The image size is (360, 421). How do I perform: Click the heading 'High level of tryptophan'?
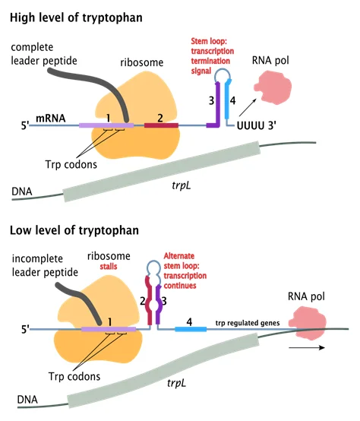(76, 18)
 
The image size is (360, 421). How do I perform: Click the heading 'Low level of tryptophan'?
(74, 230)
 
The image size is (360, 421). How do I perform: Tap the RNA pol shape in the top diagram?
(273, 87)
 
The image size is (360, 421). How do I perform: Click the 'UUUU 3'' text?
(257, 125)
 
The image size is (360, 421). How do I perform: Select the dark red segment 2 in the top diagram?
(161, 125)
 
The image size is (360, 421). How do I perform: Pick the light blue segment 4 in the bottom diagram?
(191, 329)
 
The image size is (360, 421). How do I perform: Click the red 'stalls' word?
(109, 267)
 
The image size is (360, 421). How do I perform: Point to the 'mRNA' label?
(51, 118)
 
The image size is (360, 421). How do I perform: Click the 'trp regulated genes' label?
(248, 323)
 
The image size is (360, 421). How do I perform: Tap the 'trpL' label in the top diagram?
(182, 185)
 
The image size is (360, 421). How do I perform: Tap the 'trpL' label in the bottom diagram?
(176, 383)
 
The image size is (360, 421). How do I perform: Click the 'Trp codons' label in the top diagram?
(71, 165)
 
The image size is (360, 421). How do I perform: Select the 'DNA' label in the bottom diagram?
(27, 400)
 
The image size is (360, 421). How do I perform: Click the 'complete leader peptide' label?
(44, 54)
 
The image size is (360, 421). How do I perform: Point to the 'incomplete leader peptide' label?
(45, 265)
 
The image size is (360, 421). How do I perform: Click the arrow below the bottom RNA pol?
(307, 348)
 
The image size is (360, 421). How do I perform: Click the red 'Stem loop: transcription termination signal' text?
(213, 56)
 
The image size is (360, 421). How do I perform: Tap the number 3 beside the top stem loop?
(211, 101)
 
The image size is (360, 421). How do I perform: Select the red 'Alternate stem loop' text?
(182, 261)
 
